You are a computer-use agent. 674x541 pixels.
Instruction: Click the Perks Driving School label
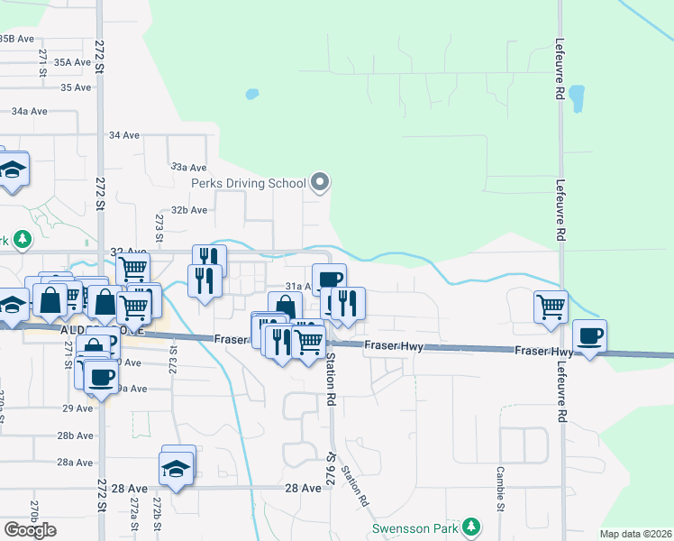pos(249,184)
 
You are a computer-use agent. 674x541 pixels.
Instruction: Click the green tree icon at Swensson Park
pos(469,527)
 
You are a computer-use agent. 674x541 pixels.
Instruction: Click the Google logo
pos(30,530)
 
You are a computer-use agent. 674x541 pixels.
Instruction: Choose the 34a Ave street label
pos(29,111)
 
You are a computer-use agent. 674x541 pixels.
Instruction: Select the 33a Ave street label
pos(189,168)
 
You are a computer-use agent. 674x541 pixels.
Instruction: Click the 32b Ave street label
pos(189,209)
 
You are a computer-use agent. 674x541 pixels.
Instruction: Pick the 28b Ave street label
pos(76,436)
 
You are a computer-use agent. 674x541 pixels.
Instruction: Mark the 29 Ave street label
pos(77,408)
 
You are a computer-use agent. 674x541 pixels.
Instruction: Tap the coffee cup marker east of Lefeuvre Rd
pos(590,337)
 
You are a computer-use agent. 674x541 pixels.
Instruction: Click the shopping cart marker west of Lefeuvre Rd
pos(550,306)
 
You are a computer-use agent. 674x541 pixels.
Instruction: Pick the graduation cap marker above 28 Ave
pos(178,468)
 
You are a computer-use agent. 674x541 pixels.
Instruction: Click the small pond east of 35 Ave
pos(251,93)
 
